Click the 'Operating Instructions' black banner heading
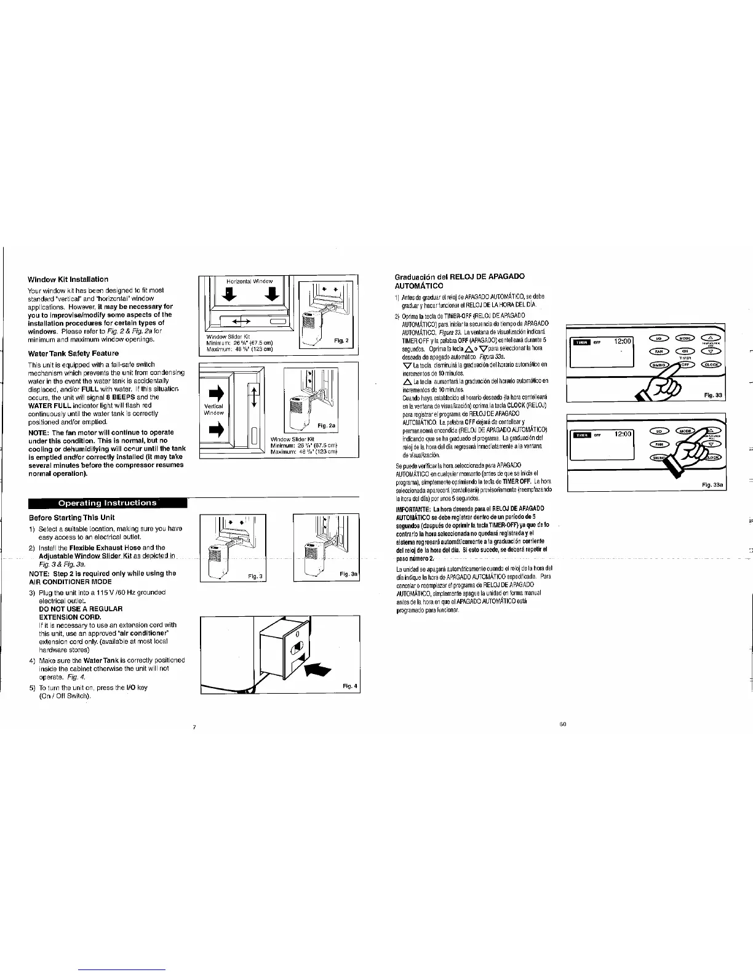(x=108, y=503)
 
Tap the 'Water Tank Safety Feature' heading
(x=73, y=354)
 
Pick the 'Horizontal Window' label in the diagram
(x=244, y=281)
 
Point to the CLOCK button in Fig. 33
(x=714, y=364)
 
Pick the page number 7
(x=194, y=728)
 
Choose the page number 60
(x=562, y=724)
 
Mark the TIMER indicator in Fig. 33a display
(x=581, y=435)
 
